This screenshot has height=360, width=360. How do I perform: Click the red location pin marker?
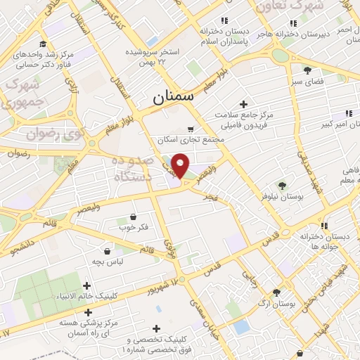(x=181, y=165)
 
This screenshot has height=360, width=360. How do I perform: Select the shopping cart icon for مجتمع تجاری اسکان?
(x=191, y=129)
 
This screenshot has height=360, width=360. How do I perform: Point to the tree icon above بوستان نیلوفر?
(x=282, y=185)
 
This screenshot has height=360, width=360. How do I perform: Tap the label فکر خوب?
(x=134, y=228)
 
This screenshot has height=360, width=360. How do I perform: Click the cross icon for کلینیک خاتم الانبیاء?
(x=86, y=285)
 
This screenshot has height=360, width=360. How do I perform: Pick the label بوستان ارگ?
(x=276, y=304)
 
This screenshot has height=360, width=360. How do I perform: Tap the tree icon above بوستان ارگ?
(x=276, y=292)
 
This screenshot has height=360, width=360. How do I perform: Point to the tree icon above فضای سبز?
(x=307, y=70)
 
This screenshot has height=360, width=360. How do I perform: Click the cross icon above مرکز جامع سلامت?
(x=243, y=103)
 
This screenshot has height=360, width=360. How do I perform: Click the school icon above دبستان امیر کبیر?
(x=348, y=112)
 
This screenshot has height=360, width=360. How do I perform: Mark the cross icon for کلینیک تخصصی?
(x=155, y=328)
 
